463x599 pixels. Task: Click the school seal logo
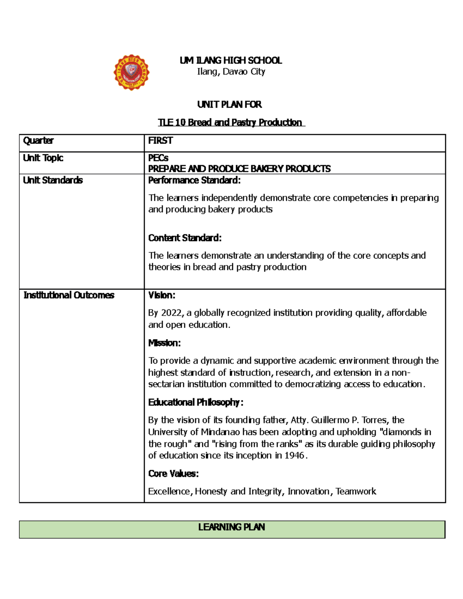(131, 73)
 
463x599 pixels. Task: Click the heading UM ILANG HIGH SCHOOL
(231, 61)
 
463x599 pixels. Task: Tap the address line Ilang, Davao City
(231, 72)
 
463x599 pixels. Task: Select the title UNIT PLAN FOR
(230, 105)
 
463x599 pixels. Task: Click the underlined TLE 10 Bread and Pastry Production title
(230, 123)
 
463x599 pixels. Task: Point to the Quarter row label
(38, 141)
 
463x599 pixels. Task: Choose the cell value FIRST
(160, 141)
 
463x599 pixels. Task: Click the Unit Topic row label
(43, 158)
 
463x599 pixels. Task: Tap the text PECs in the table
(158, 158)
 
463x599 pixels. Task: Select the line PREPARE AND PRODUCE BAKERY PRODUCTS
(239, 169)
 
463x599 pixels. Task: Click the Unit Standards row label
(53, 181)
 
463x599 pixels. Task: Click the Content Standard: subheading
(185, 238)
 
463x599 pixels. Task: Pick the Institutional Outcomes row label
(69, 295)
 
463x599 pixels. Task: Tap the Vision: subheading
(162, 295)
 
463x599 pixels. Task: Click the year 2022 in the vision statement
(171, 313)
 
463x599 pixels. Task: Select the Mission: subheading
(164, 343)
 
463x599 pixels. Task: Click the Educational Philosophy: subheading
(196, 403)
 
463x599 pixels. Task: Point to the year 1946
(294, 456)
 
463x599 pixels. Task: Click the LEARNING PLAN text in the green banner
(231, 527)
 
